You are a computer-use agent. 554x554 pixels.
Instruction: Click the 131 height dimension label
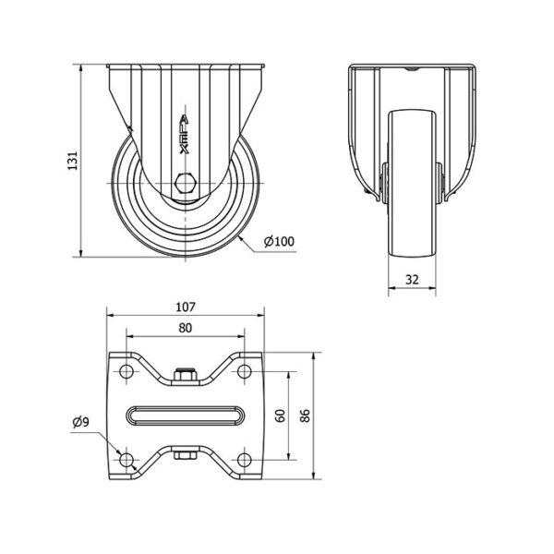click(72, 161)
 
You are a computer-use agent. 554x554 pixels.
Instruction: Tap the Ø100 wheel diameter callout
click(279, 241)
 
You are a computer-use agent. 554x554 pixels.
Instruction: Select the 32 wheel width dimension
click(412, 280)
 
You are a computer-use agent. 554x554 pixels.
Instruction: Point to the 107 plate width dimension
click(186, 307)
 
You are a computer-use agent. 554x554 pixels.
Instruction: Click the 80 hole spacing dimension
click(186, 328)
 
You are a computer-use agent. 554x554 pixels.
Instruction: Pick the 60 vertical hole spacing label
click(280, 415)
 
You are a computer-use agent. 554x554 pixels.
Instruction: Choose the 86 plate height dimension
click(305, 415)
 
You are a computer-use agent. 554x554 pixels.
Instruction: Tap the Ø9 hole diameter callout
click(81, 422)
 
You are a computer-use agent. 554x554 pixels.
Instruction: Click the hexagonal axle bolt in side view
click(186, 184)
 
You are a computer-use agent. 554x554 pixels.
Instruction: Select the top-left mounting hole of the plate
click(126, 371)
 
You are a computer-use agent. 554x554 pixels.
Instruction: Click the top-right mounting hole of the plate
click(244, 371)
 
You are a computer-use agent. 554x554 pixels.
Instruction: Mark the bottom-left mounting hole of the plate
click(126, 460)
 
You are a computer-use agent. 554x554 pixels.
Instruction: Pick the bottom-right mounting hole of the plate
click(244, 460)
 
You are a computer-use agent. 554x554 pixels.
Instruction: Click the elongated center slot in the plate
click(186, 415)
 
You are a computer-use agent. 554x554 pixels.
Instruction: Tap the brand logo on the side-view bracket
click(185, 135)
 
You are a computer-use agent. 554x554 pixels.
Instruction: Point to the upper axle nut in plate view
click(186, 374)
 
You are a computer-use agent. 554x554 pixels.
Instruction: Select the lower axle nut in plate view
click(186, 455)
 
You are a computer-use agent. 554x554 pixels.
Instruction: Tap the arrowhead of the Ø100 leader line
click(239, 237)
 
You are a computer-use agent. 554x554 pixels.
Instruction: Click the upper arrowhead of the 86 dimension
click(313, 355)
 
